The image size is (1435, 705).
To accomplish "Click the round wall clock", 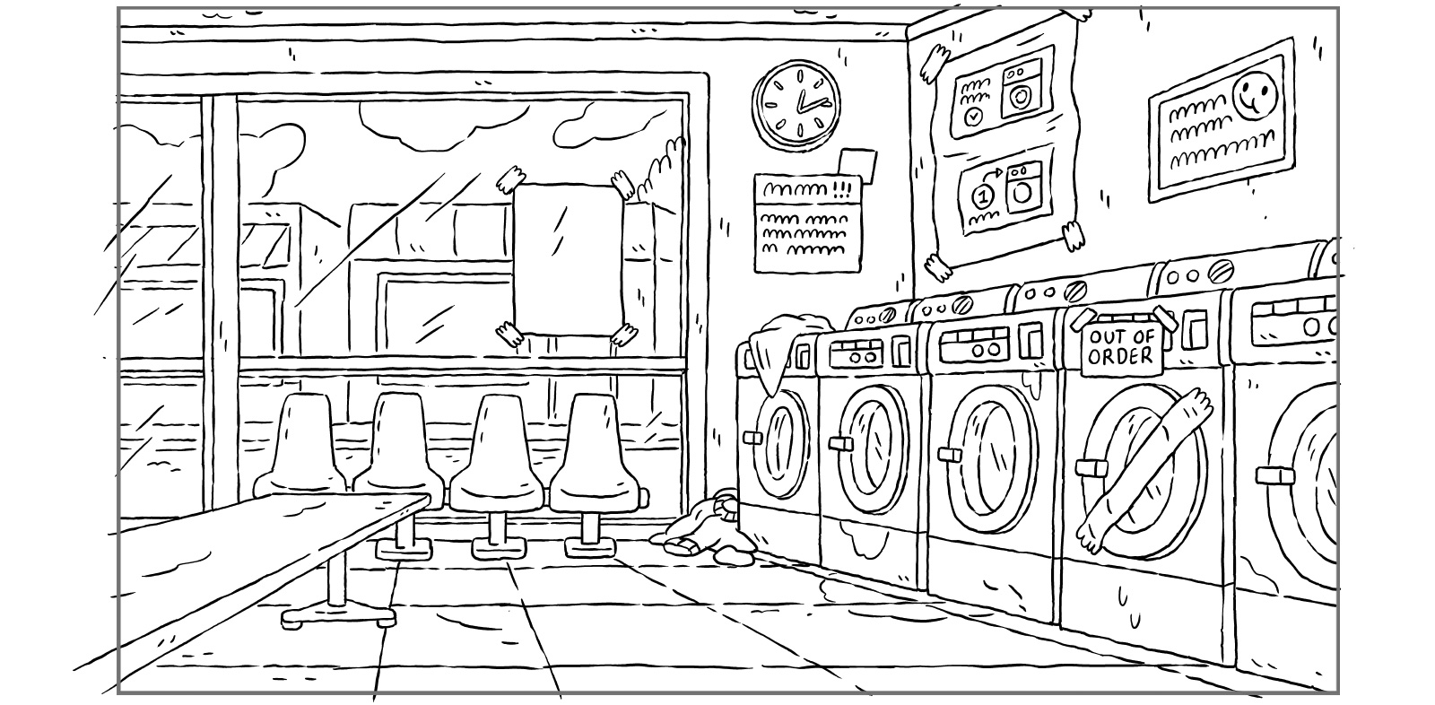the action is coord(796,104).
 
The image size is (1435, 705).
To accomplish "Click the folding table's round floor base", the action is coord(339,617).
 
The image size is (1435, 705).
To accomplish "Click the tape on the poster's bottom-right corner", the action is coord(1072,234).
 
